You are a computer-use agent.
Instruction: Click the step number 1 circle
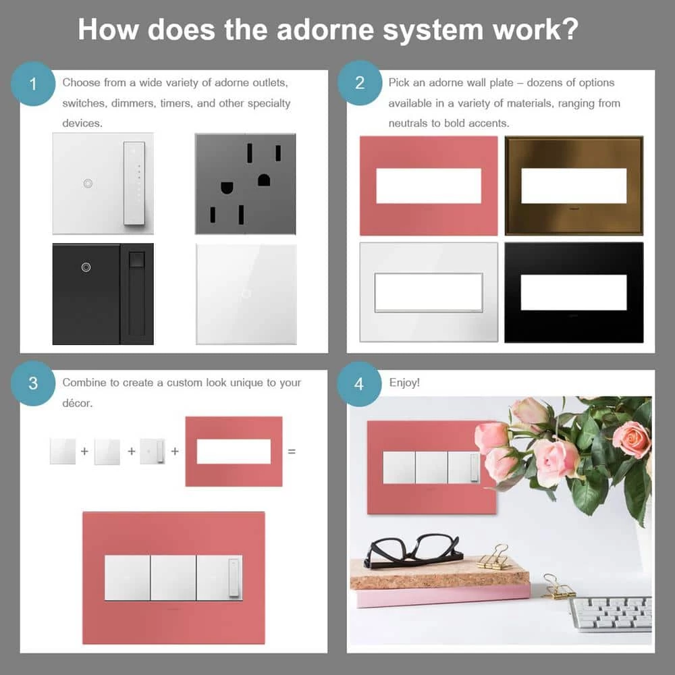(32, 84)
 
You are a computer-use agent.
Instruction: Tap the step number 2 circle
(359, 84)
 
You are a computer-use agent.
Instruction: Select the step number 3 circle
(32, 383)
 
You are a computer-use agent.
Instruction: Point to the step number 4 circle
(359, 383)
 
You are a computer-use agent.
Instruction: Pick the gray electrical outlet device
(245, 184)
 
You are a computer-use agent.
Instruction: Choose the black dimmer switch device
(103, 294)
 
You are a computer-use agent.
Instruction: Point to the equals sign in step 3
(292, 451)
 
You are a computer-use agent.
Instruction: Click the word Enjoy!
(404, 383)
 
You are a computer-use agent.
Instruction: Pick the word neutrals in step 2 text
(409, 124)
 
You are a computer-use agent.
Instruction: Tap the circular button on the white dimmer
(87, 184)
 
